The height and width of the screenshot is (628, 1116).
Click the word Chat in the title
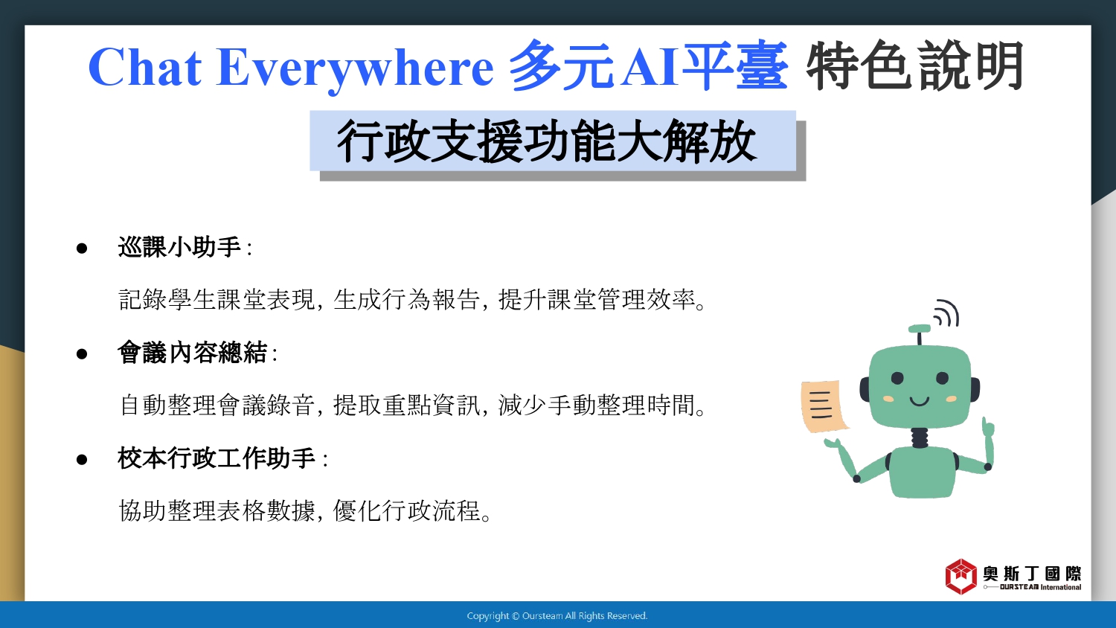(145, 67)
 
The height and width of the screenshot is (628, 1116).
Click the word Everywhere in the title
(355, 70)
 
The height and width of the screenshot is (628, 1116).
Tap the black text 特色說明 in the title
(914, 66)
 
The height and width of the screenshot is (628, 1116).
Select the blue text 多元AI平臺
(649, 66)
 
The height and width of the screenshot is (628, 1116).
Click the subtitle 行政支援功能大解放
(547, 141)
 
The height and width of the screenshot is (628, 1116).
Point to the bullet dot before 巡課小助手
(82, 249)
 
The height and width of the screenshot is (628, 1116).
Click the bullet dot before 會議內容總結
(82, 354)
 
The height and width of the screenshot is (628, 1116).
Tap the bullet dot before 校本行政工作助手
(82, 460)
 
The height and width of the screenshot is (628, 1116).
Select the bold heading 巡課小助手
(179, 247)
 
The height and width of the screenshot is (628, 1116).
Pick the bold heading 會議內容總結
(192, 353)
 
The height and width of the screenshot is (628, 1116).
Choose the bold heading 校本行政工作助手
(217, 458)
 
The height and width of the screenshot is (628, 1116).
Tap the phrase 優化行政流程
(406, 511)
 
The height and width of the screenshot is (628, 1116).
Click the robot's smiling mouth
(919, 401)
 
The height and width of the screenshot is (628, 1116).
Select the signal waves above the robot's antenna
(946, 313)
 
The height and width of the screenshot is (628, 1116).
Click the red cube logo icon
(961, 577)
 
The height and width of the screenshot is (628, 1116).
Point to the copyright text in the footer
(557, 616)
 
